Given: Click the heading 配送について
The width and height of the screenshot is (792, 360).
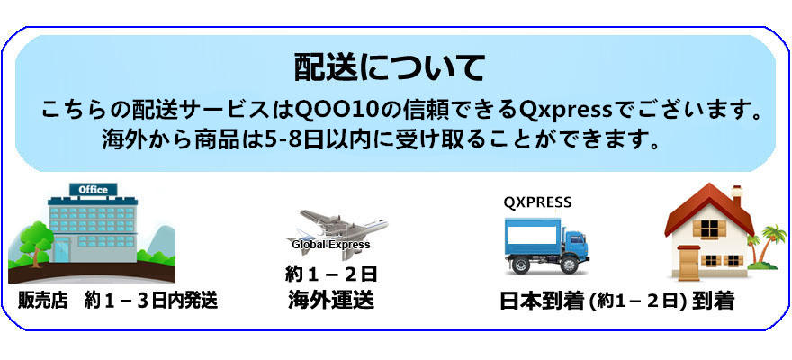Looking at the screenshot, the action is [389, 68].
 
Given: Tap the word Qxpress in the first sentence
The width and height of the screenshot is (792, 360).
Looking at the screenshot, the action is [571, 111].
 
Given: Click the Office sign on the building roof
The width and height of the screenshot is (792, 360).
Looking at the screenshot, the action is [93, 190].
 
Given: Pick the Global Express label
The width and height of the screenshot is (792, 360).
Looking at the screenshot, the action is [331, 245].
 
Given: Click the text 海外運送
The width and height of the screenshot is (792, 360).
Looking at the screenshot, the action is [331, 300].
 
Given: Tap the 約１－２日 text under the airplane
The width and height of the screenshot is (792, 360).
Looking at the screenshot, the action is [331, 274].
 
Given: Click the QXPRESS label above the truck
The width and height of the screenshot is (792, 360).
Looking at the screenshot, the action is [537, 203].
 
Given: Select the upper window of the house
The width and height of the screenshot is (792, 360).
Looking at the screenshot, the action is [709, 229].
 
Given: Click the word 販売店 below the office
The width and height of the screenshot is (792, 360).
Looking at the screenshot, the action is [43, 301].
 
